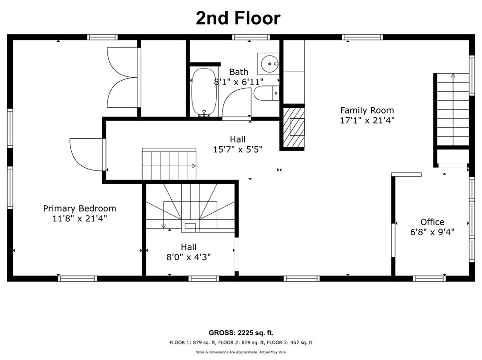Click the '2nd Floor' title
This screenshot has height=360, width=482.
238,18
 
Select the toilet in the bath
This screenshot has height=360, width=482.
267,93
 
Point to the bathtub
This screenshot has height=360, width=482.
203,92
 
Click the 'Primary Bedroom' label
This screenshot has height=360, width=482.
79,208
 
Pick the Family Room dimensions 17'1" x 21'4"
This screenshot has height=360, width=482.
367,120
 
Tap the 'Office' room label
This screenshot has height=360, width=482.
432,222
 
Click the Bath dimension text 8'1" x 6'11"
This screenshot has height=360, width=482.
239,82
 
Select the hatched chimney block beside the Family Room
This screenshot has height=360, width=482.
294,126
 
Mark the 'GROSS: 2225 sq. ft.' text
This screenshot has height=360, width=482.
241,332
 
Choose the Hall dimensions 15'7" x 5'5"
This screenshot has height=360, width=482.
238,150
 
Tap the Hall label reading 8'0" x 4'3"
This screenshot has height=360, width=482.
188,257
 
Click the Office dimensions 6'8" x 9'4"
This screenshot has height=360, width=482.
432,232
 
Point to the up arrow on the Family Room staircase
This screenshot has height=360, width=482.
453,75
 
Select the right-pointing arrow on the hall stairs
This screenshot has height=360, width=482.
193,166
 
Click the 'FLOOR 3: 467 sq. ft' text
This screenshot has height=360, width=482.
289,342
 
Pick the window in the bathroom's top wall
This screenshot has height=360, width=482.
251,37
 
